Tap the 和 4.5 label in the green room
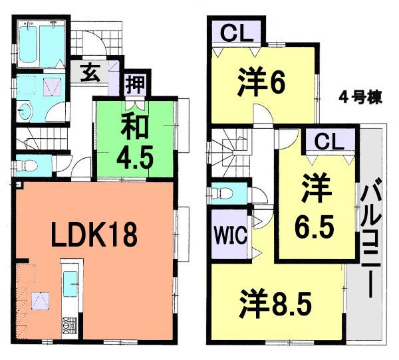137,143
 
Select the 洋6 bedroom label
261,83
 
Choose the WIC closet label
230,234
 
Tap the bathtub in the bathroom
29,42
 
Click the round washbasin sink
26,112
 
